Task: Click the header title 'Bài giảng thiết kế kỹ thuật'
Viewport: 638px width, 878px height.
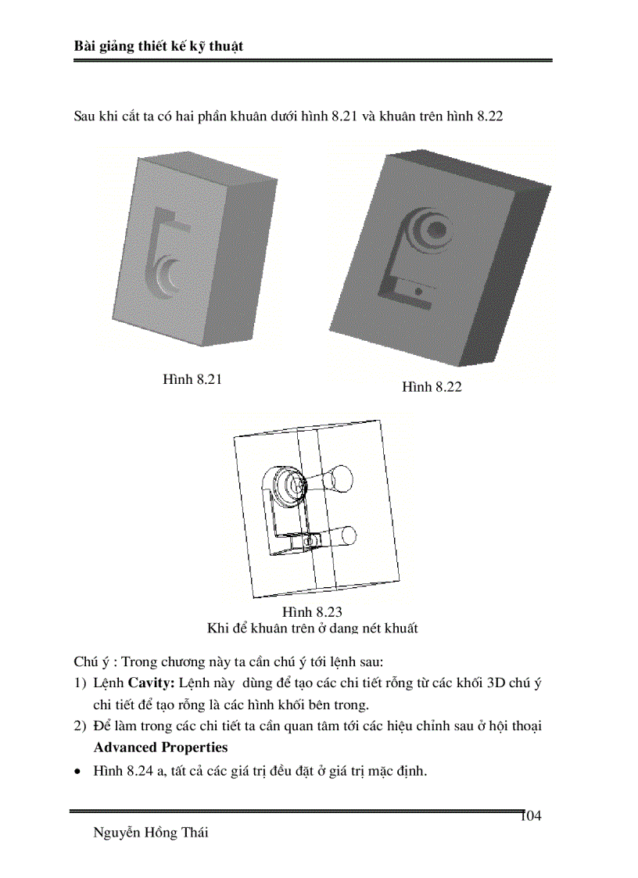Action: pos(159,46)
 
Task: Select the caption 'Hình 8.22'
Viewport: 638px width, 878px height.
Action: pos(432,386)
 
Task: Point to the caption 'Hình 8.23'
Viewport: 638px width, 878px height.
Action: pos(313,612)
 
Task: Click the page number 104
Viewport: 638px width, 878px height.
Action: pos(531,816)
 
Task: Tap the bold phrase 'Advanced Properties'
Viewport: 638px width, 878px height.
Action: pos(160,747)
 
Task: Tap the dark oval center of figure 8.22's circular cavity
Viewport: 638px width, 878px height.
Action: pos(437,229)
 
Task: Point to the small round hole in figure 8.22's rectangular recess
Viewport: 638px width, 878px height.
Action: pos(418,289)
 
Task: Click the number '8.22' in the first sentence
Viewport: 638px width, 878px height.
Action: pos(489,116)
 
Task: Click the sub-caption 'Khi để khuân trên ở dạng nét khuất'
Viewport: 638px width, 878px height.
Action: pos(313,628)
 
